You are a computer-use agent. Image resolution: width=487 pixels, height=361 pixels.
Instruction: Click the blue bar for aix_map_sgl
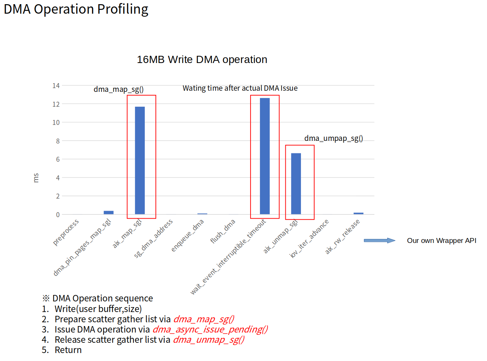click(x=140, y=161)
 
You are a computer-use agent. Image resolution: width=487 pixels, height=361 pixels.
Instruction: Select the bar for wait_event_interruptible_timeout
click(x=265, y=156)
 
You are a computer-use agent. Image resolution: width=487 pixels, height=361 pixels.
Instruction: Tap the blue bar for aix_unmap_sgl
click(x=296, y=184)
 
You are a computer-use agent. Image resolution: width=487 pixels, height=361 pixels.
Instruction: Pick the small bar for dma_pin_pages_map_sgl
click(x=109, y=213)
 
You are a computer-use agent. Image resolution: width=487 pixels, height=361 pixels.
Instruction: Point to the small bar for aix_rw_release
click(x=358, y=213)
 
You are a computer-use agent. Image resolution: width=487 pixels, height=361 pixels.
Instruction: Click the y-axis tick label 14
click(x=56, y=86)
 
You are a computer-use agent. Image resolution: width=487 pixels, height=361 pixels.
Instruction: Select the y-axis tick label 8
click(x=58, y=141)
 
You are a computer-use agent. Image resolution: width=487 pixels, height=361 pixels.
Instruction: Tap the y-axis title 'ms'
click(x=36, y=178)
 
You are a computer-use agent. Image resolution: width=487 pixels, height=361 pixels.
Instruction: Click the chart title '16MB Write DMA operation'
click(x=202, y=60)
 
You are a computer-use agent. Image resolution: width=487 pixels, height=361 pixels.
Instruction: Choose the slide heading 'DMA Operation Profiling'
click(x=76, y=9)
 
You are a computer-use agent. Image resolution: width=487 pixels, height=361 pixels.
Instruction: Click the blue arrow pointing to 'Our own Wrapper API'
click(x=379, y=240)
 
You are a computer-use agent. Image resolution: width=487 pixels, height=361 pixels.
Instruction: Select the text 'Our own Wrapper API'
click(x=442, y=241)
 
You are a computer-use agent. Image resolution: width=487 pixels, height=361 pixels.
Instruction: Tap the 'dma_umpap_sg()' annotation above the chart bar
click(x=334, y=139)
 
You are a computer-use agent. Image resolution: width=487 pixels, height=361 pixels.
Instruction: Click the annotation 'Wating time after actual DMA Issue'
click(x=240, y=88)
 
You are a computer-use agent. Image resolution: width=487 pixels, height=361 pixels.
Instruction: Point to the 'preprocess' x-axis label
click(x=67, y=232)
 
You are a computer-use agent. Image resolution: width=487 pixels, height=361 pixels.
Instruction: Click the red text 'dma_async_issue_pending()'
click(x=210, y=329)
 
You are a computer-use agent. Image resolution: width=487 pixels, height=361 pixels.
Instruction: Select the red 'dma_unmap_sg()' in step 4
click(x=208, y=340)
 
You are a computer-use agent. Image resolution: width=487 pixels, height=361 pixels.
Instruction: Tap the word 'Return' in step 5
click(x=68, y=350)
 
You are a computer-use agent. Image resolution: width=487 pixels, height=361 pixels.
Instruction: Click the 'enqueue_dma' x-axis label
click(x=188, y=235)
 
